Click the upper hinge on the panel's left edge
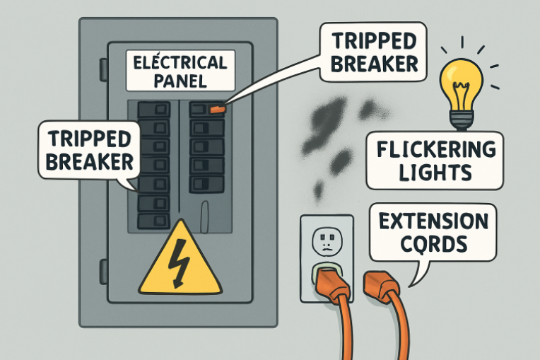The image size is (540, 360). click(103, 69)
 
